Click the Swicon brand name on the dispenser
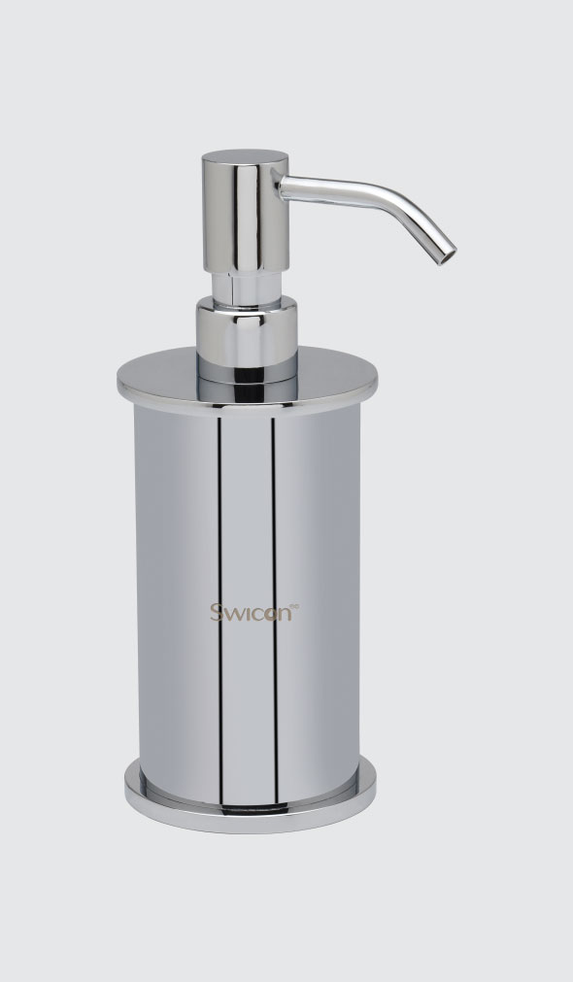[252, 613]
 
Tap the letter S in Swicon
[216, 613]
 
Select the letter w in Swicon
[233, 615]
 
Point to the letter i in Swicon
[247, 613]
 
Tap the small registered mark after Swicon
[295, 605]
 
